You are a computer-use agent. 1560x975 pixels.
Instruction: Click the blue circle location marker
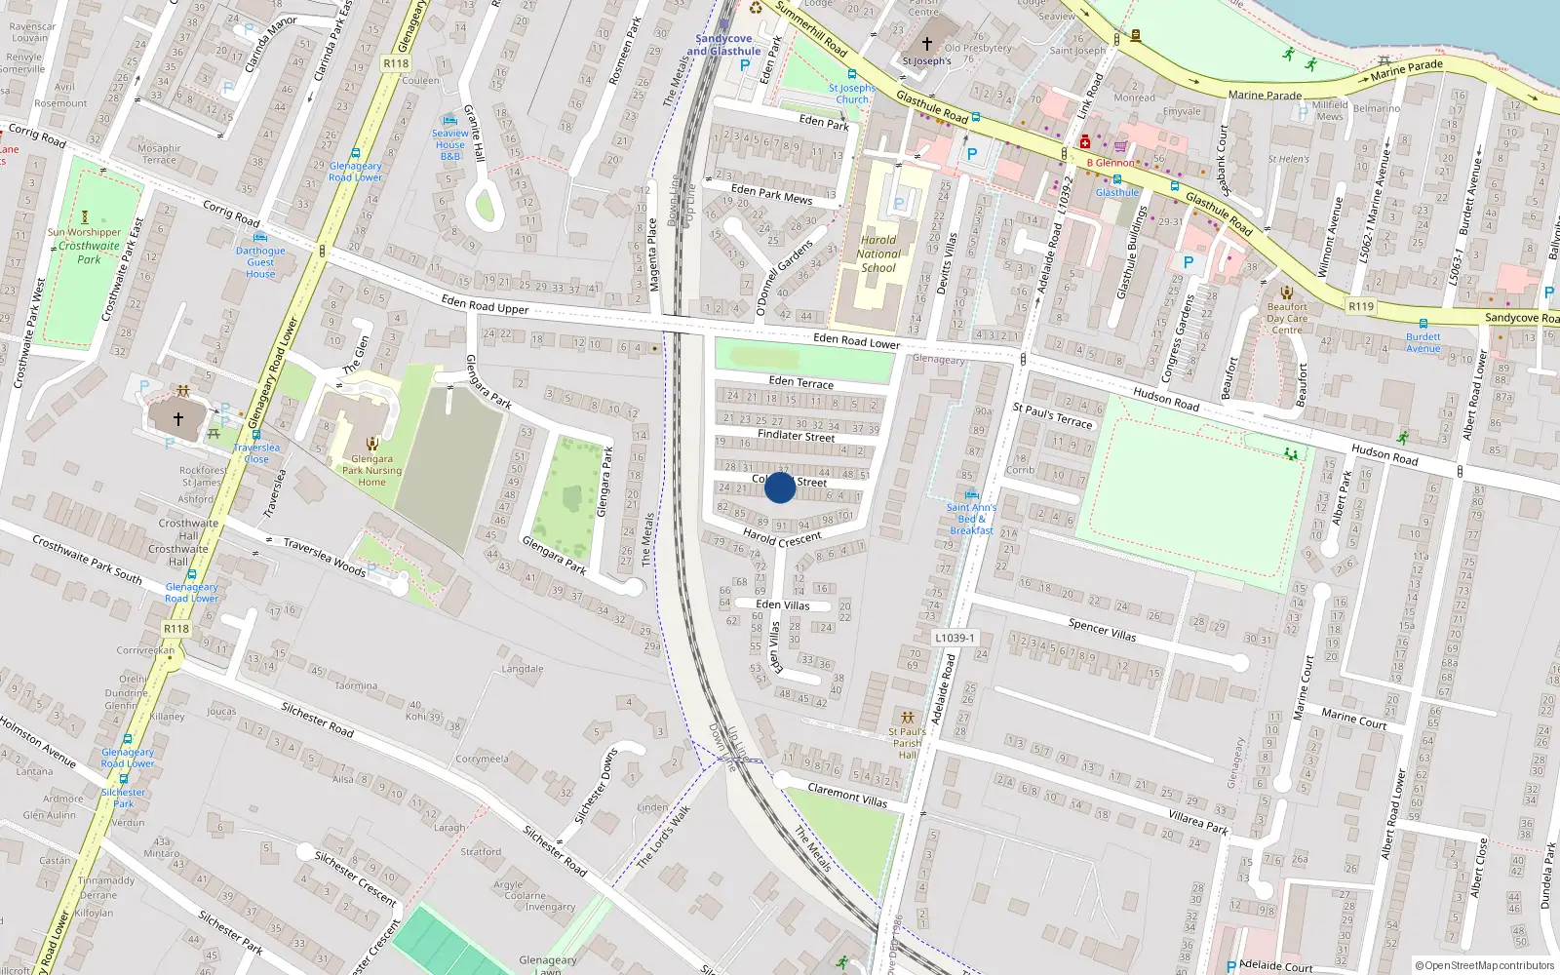tap(780, 487)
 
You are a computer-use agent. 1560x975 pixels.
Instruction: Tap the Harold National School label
tap(878, 253)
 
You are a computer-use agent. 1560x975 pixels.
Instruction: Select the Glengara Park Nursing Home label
tap(371, 470)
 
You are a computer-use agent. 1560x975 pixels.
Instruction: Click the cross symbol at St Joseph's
tap(927, 44)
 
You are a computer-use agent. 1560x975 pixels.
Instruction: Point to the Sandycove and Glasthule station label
tap(723, 45)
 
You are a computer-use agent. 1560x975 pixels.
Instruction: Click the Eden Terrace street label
tap(800, 382)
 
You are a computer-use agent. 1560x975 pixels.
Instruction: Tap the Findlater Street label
tap(796, 436)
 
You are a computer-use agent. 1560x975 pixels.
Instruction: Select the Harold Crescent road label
tap(782, 537)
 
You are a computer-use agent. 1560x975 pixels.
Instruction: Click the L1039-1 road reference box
tap(954, 638)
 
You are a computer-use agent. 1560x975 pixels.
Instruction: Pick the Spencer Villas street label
tap(1102, 629)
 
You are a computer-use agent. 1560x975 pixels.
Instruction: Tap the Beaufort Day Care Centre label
tap(1287, 318)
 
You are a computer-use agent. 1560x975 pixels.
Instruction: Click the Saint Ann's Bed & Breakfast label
tap(971, 519)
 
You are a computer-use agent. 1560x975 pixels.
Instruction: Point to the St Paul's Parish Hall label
tap(907, 743)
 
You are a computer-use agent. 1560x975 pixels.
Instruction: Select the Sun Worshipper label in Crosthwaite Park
tap(85, 232)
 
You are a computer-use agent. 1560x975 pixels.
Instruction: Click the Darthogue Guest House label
tap(260, 262)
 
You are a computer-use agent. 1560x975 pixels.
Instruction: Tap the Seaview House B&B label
tap(450, 144)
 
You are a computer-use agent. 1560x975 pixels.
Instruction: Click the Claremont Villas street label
tap(847, 795)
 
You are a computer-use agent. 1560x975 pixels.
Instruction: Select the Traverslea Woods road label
tap(325, 558)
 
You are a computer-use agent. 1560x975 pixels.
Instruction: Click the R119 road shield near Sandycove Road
tap(1361, 306)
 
